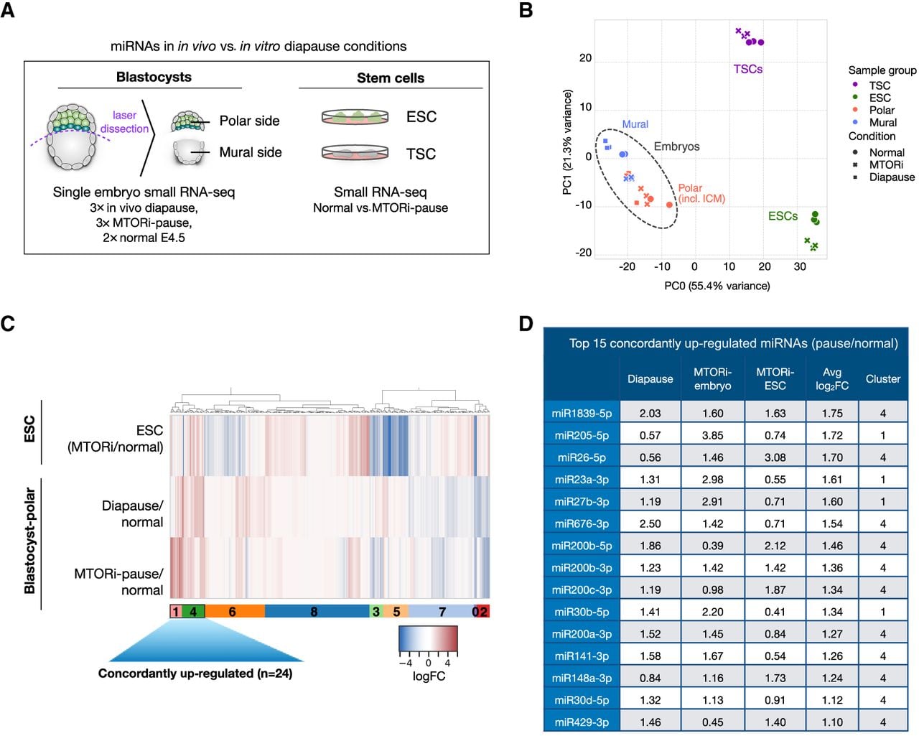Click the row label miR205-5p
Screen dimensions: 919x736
582,435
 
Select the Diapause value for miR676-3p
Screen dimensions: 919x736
650,523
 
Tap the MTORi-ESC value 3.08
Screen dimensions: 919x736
775,457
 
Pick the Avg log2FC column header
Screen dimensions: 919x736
832,379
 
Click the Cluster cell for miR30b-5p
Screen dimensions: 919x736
882,612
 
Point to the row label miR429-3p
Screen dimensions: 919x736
582,722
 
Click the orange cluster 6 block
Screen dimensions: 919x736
235,611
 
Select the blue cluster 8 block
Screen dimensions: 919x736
317,611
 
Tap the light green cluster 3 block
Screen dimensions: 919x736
375,611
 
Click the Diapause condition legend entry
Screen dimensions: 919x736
884,177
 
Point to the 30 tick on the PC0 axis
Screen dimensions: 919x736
799,266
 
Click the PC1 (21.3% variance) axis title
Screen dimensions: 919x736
566,142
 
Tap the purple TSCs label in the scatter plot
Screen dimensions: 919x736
747,69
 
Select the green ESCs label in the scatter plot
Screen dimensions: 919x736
783,216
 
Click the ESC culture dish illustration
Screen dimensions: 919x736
355,116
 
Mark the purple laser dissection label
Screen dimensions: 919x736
124,122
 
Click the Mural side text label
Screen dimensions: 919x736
251,152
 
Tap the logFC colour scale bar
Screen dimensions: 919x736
428,638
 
